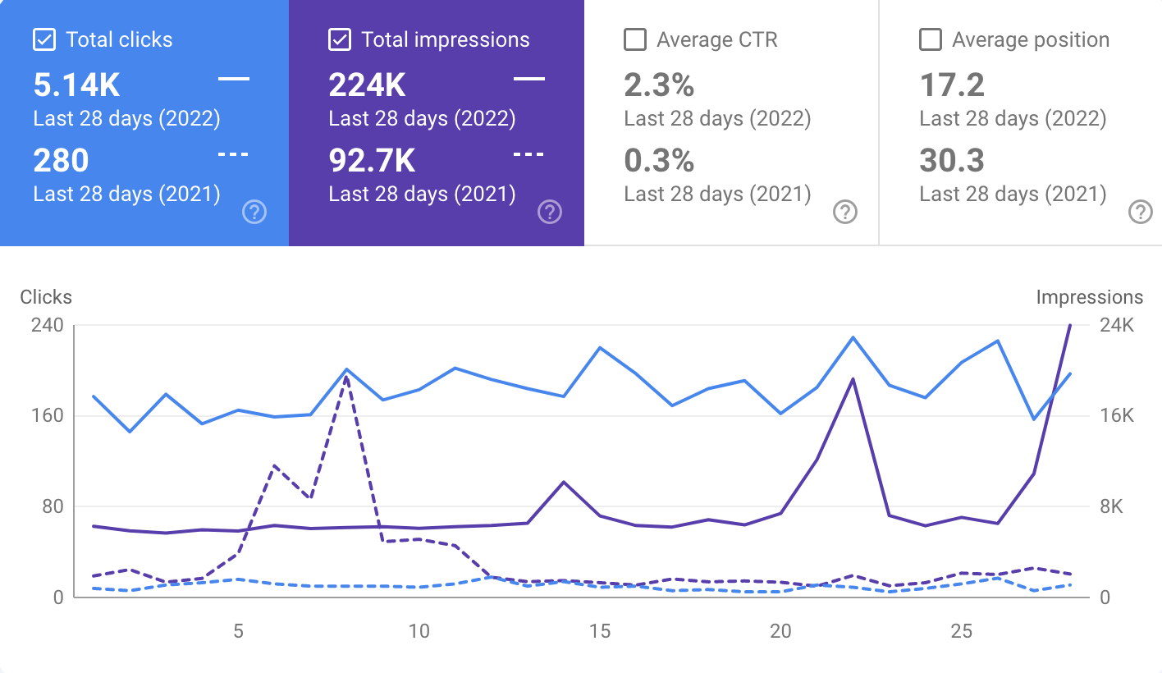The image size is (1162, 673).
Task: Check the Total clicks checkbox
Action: coord(43,39)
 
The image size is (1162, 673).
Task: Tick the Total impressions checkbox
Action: coord(339,39)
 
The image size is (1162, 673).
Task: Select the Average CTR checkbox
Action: coord(634,39)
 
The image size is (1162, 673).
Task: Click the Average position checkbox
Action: coord(930,39)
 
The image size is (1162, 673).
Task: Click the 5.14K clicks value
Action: coord(76,85)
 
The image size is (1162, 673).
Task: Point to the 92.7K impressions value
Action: coord(372,161)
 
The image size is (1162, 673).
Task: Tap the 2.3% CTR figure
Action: coord(659,85)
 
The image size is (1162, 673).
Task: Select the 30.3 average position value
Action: coord(952,161)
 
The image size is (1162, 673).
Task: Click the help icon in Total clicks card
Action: coord(254,213)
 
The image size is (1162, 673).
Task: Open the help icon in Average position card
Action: coord(1140,213)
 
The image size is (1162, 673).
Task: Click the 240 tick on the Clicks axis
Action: coord(47,325)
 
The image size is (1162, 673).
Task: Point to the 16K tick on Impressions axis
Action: coord(1117,416)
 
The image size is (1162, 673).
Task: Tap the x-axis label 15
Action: coord(600,631)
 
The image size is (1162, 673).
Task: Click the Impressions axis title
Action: coord(1089,297)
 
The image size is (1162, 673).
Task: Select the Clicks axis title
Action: coord(46,297)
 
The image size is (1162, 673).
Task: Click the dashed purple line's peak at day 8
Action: coord(347,377)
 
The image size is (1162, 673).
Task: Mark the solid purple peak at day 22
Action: coord(853,379)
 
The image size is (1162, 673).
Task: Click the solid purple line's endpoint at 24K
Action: coord(1070,326)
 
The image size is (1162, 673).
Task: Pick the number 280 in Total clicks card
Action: coord(61,161)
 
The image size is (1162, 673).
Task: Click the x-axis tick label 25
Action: coord(961,631)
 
